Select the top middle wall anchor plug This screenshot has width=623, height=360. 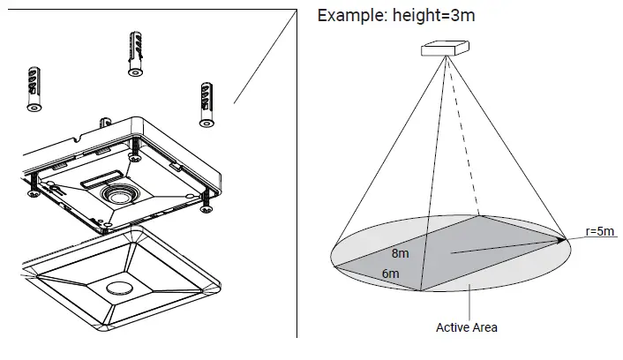[x=135, y=51]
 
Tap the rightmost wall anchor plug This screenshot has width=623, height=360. [x=206, y=104]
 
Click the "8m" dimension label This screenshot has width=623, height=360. [x=400, y=253]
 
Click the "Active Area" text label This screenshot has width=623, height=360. [x=466, y=327]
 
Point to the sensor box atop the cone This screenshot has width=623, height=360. [x=443, y=49]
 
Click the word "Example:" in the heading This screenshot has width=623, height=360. [x=350, y=15]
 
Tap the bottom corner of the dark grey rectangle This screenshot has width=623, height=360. [x=422, y=289]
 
